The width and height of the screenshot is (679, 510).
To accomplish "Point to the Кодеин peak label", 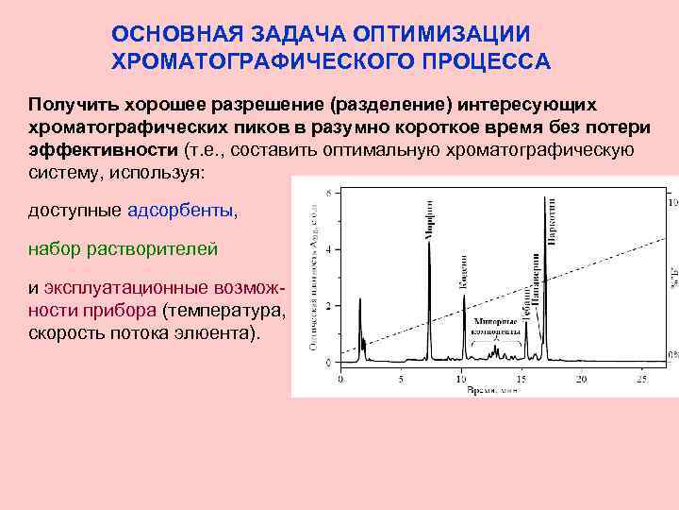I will click(x=464, y=270).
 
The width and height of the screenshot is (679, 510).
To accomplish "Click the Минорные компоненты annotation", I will click(x=495, y=327).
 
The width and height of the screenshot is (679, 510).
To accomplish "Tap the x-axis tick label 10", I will click(x=461, y=380).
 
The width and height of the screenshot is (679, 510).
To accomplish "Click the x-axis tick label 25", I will click(x=641, y=380).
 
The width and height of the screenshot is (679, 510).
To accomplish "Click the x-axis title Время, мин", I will click(x=489, y=389).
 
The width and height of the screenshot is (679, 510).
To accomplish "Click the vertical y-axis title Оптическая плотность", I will click(x=312, y=283).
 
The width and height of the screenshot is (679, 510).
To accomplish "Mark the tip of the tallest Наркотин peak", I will click(x=545, y=198).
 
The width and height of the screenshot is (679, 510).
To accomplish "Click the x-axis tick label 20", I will click(x=582, y=380).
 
